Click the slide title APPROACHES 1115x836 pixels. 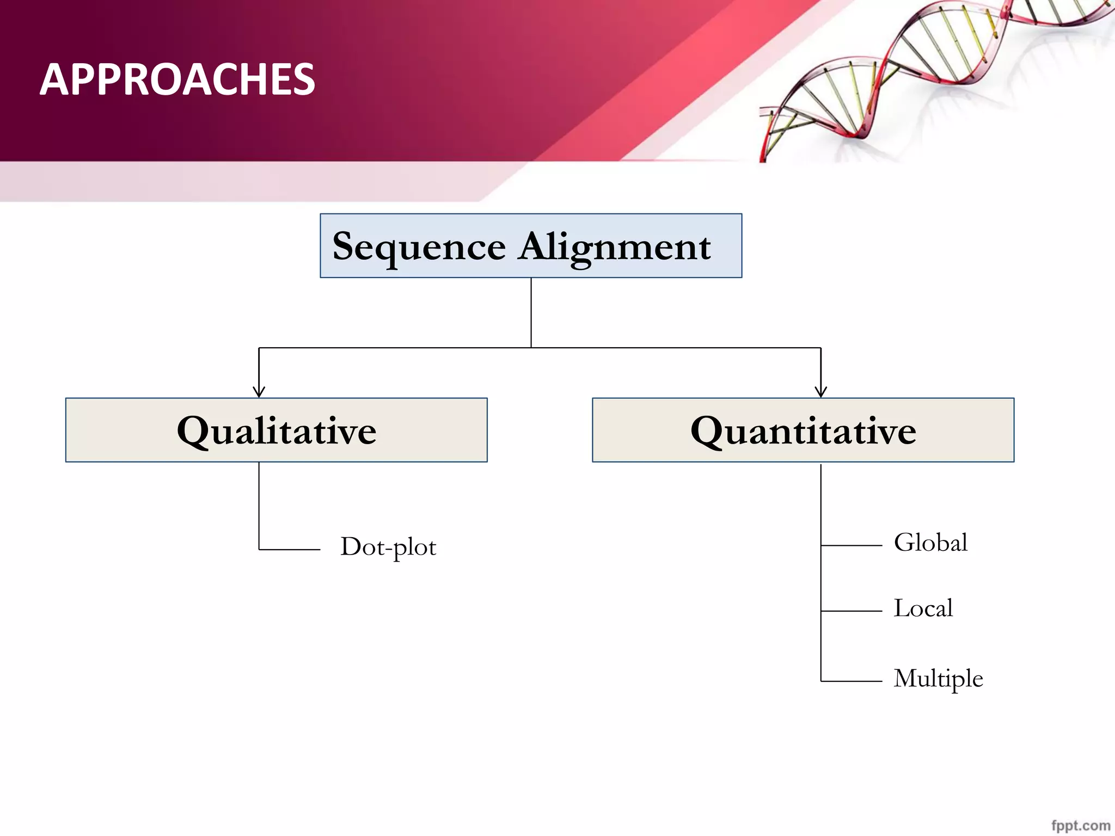point(177,79)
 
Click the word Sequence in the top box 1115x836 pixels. point(419,248)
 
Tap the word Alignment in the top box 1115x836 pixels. point(615,248)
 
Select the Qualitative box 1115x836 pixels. point(276,430)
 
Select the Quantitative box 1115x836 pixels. point(803,430)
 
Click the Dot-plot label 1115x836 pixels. point(388,547)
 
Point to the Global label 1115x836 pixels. point(931,543)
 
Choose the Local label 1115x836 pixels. point(923,608)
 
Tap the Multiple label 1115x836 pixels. point(939,679)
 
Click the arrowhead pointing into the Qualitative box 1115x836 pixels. point(259,391)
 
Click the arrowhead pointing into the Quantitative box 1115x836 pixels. point(821,391)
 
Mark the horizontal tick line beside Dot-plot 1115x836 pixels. point(290,550)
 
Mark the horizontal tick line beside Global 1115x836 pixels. point(851,545)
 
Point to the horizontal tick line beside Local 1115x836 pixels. point(851,611)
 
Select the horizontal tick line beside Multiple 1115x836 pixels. point(851,681)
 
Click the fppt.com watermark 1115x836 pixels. point(1081,826)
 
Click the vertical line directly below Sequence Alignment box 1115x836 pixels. point(531,312)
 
